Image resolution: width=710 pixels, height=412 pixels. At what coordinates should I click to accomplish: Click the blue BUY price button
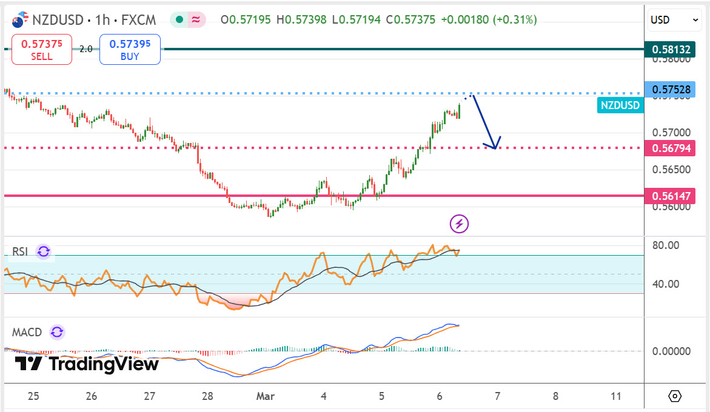click(x=130, y=50)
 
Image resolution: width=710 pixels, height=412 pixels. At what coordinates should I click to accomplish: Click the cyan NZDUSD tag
click(x=620, y=105)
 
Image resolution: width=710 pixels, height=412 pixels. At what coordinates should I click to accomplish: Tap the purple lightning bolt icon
click(x=459, y=224)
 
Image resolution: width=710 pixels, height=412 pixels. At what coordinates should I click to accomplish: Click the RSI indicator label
click(x=20, y=252)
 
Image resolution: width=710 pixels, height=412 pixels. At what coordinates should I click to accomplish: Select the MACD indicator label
click(x=27, y=332)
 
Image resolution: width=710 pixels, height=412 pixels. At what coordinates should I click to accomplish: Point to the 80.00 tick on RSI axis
click(x=666, y=245)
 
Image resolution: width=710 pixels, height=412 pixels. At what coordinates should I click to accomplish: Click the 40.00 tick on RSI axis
click(x=666, y=284)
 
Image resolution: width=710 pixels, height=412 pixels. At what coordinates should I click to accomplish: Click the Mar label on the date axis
click(x=266, y=396)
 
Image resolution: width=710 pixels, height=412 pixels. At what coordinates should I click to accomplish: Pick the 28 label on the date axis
click(x=207, y=396)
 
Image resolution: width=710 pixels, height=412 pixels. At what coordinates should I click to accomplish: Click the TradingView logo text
click(x=103, y=364)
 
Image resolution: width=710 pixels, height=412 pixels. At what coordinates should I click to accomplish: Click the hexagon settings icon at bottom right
click(x=675, y=396)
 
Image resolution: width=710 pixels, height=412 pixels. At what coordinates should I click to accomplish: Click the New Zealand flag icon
click(x=19, y=21)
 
